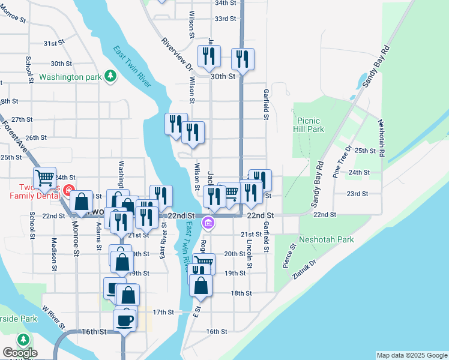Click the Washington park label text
click(71, 77)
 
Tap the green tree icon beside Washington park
click(110, 76)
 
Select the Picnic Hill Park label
click(309, 125)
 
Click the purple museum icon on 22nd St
click(208, 224)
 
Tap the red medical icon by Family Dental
click(69, 193)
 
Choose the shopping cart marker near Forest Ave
click(44, 178)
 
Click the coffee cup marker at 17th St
click(125, 320)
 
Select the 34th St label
click(226, 2)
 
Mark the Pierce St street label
click(289, 255)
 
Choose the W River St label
click(52, 316)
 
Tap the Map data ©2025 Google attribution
click(412, 355)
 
